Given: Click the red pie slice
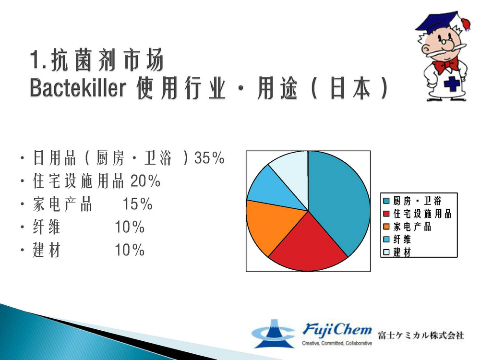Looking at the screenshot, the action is pos(308,245).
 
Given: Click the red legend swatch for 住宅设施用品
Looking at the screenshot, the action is pos(386,214).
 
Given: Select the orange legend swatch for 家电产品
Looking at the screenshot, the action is pos(386,227).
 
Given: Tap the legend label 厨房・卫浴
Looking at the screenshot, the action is pos(417,201).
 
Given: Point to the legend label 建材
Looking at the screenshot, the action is pos(402,252).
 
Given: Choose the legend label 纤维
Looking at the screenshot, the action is pos(402,240).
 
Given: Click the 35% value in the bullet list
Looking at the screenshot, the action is pos(209,158).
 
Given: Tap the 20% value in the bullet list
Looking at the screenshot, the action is pos(145,180).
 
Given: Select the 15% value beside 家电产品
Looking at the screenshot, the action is pos(137,204).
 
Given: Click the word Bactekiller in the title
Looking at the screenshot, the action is pos(78,88).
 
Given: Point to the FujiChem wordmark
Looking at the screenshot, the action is pos(337,330).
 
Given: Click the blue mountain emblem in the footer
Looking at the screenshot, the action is pos(273,334).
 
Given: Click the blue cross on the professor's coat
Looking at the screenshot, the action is pos(452,84).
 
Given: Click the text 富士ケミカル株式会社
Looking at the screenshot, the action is pos(421,335).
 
